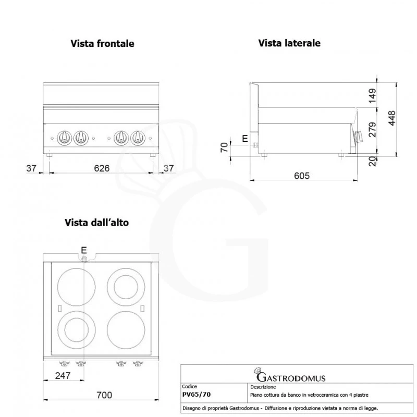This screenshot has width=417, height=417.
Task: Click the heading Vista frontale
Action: (102, 43)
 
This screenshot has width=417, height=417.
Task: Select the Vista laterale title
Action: (289, 43)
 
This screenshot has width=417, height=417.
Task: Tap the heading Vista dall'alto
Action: (96, 222)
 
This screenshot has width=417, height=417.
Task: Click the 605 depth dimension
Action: (302, 176)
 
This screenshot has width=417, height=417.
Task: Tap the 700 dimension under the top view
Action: (104, 395)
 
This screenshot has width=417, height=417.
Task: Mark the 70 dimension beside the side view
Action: (225, 147)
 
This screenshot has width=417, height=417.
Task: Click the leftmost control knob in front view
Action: (65, 138)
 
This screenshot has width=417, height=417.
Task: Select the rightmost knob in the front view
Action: (138, 138)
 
